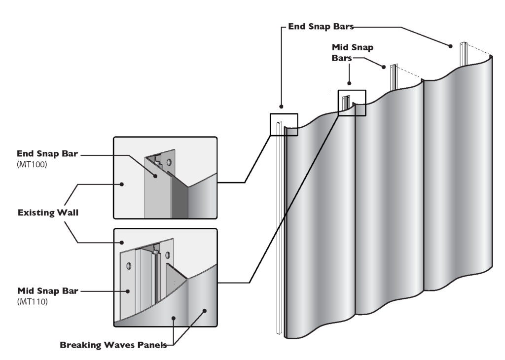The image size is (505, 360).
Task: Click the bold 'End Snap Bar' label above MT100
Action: pos(46,154)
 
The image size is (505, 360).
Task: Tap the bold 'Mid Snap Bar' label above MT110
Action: pos(46,291)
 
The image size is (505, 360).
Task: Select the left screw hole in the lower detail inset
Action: pos(129,266)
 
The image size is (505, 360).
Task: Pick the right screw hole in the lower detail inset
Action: pos(168,255)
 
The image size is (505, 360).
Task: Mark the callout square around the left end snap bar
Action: pos(284,124)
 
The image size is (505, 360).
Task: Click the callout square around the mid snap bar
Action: pos(352,103)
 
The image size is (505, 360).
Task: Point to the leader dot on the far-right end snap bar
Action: pos(451,46)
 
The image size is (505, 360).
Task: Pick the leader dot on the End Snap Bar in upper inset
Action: pos(154,175)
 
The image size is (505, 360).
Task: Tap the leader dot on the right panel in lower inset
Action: pos(204,311)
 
